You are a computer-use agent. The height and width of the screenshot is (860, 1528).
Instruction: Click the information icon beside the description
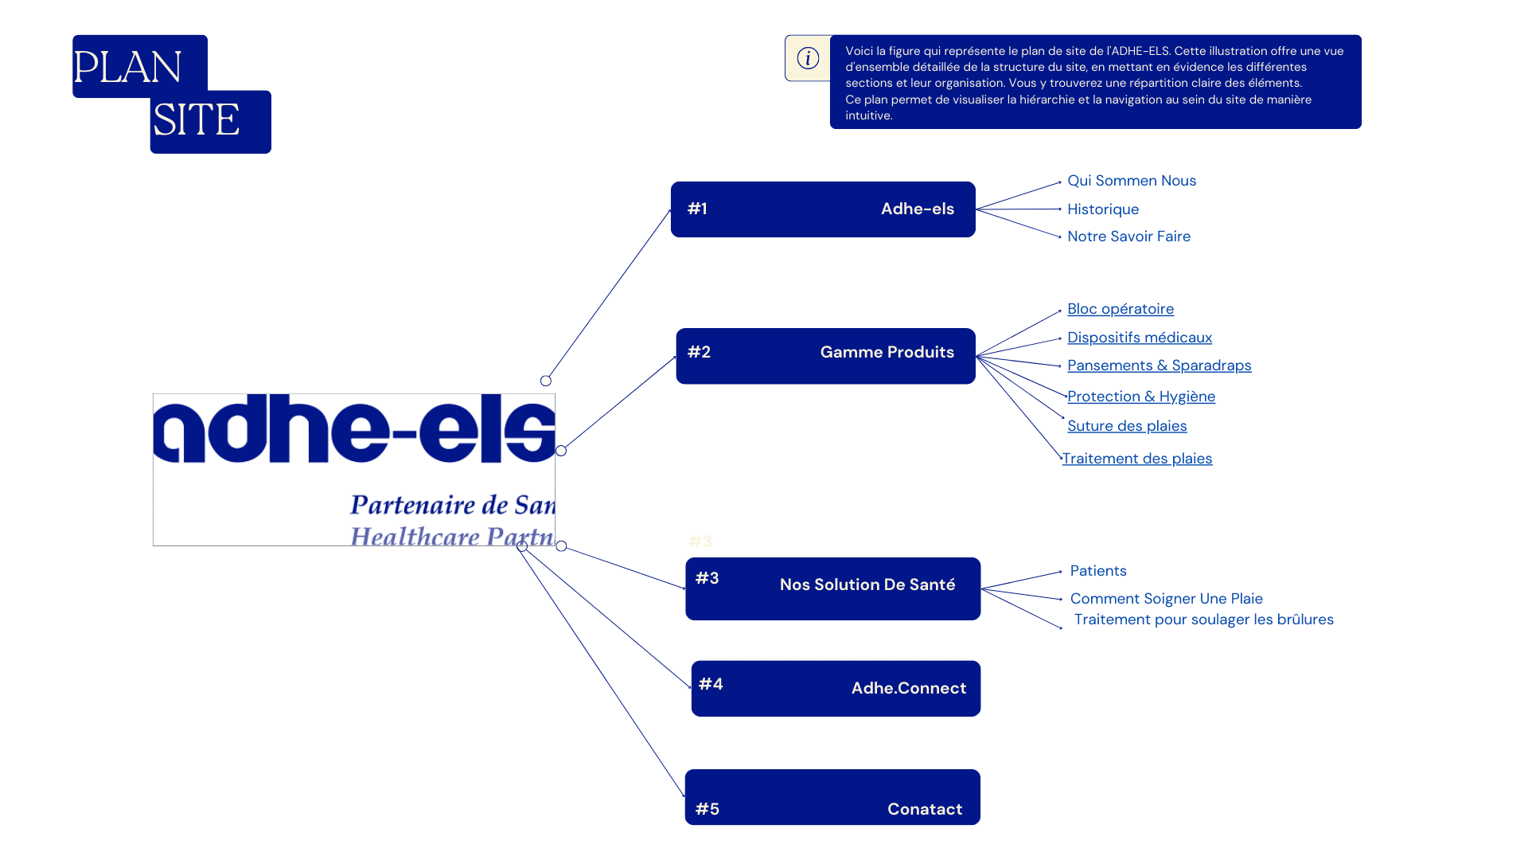click(808, 58)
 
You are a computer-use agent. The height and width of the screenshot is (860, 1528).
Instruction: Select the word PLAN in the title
click(127, 67)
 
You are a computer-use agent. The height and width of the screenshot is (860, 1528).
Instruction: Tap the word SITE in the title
click(196, 120)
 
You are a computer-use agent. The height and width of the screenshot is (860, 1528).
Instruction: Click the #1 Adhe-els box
click(823, 209)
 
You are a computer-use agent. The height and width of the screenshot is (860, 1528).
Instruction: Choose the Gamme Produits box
click(825, 356)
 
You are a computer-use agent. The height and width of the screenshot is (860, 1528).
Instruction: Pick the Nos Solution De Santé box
click(832, 588)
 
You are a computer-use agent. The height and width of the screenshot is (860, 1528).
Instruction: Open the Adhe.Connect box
click(836, 688)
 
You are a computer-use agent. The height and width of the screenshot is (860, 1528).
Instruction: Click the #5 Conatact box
click(832, 797)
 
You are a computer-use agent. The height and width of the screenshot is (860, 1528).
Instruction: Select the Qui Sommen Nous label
click(1131, 181)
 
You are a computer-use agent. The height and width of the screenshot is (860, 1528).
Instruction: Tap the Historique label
click(1102, 209)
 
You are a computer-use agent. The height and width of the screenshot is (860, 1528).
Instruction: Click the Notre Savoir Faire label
click(1128, 236)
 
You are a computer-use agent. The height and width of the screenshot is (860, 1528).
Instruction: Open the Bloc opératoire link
click(1120, 309)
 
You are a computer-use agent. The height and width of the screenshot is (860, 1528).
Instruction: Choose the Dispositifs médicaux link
click(1139, 338)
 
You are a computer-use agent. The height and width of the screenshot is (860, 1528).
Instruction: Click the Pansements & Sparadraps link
click(1159, 365)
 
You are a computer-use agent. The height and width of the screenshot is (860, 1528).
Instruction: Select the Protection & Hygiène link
click(1140, 397)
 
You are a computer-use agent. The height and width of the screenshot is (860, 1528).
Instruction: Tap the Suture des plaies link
click(1126, 426)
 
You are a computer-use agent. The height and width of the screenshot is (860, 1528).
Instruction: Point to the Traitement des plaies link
click(1136, 459)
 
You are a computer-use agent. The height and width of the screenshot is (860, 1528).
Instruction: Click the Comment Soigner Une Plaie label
click(1166, 599)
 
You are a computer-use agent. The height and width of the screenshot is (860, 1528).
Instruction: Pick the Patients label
click(1097, 571)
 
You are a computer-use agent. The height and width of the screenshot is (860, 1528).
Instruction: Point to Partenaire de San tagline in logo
click(452, 505)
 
